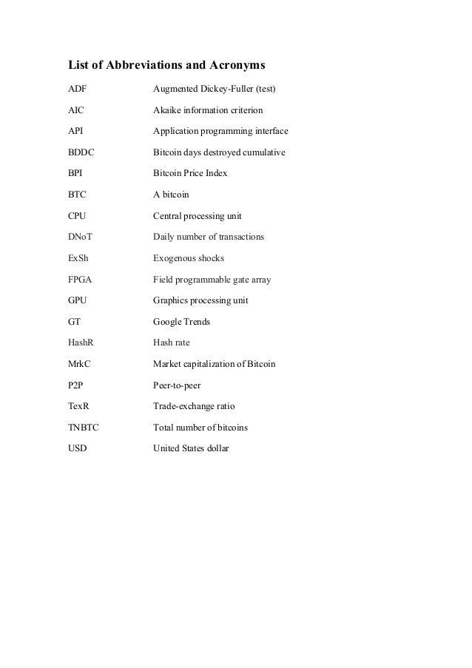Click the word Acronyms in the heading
233,64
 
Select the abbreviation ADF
77,90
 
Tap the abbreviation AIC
75,111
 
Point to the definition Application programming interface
220,132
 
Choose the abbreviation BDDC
81,153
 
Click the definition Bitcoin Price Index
190,174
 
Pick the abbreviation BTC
77,195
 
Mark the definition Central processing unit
197,216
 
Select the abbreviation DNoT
81,237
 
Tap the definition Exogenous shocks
188,259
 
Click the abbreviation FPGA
81,280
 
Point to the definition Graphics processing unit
200,301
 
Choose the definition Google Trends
181,322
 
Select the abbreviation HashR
81,343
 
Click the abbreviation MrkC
80,365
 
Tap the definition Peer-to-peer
177,385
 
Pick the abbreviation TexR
79,407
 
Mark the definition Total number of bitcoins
200,428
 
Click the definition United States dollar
191,448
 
